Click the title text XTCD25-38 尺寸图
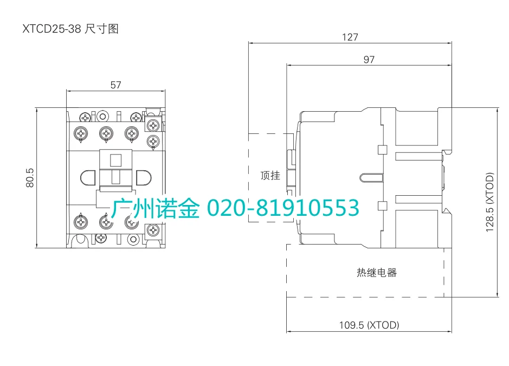(x=70, y=29)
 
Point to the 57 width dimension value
(x=115, y=85)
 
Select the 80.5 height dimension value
(x=30, y=177)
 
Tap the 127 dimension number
(x=350, y=37)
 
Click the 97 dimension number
(x=369, y=60)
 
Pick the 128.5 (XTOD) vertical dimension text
(x=490, y=203)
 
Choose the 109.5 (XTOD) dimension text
(x=369, y=325)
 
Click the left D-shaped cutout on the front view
(x=87, y=178)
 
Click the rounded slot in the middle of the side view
(x=372, y=177)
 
